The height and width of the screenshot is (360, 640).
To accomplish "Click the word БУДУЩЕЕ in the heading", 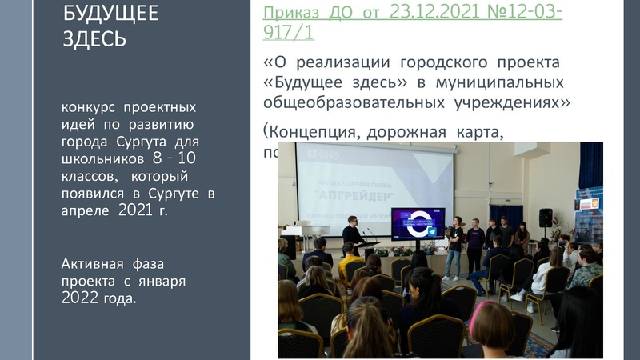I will pyautogui.click(x=110, y=14).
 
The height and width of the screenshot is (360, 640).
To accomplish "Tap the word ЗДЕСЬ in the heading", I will pyautogui.click(x=95, y=38).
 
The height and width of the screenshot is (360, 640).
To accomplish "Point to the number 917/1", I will pyautogui.click(x=289, y=33).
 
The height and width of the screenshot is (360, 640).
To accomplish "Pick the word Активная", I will pyautogui.click(x=89, y=264).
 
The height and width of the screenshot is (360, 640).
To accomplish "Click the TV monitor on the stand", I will pyautogui.click(x=418, y=224).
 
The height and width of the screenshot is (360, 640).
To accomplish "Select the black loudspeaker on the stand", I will pyautogui.click(x=546, y=217).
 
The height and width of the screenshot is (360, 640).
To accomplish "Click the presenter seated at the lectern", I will pyautogui.click(x=352, y=236).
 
